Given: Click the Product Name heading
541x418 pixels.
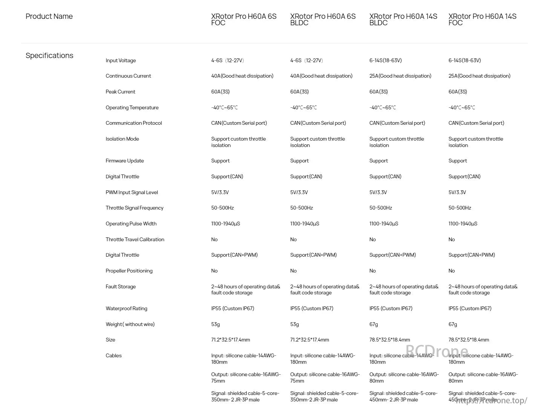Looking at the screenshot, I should pos(49,17).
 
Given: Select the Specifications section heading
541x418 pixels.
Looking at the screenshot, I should pos(49,56).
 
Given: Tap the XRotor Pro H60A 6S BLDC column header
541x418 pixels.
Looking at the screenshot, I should pos(323,20).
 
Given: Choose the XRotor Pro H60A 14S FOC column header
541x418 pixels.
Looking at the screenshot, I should pos(482,20).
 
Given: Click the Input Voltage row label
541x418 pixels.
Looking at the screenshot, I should pos(121,61).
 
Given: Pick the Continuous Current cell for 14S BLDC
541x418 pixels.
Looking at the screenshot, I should pos(400,76).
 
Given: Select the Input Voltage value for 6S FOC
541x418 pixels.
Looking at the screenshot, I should pos(227,61).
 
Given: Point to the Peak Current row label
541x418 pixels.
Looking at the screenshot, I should pos(120,92).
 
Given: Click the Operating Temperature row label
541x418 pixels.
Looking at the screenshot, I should pos(132,108).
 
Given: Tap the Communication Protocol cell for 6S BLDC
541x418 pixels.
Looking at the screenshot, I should pos(318,123).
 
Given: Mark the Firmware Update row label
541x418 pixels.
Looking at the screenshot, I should pos(124,161).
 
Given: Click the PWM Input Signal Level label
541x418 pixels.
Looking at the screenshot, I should pos(132,193).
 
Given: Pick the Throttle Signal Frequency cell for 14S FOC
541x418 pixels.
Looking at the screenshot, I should pos(460,208).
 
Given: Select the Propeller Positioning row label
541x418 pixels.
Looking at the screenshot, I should pos(129,271).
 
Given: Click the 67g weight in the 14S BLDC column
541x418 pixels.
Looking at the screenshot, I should pos(374,325).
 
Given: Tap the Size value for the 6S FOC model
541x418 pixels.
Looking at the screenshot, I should pos(230,340).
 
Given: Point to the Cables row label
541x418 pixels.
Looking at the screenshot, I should pos(113,356).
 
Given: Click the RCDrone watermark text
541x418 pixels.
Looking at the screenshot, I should pos(437,351).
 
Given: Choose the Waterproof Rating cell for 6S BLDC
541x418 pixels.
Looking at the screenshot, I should pos(312,309).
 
